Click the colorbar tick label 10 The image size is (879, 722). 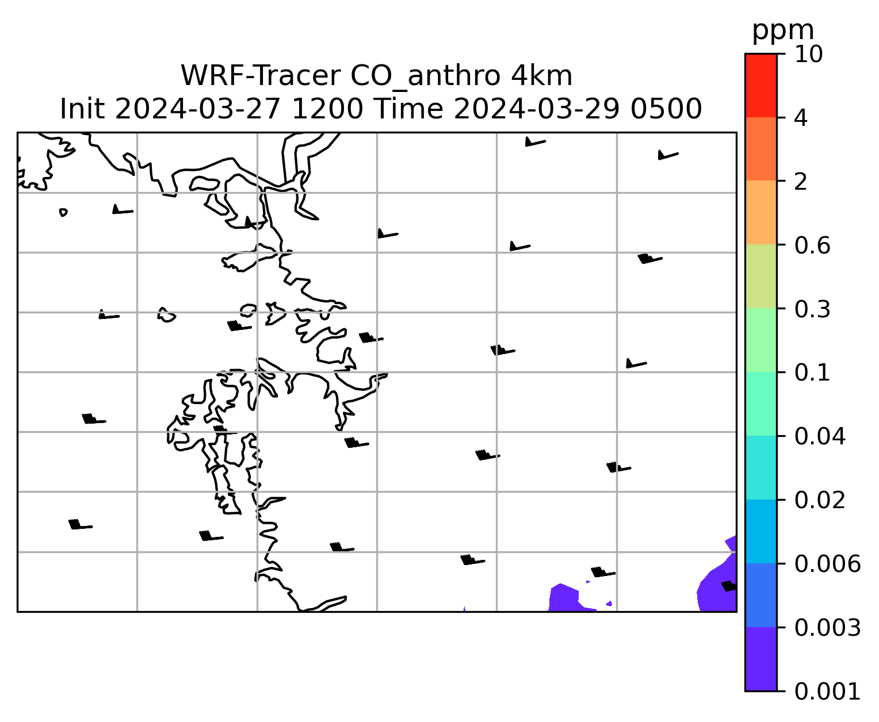[809, 54]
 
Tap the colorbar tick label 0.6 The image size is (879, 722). [812, 245]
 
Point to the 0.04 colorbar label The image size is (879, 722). [820, 436]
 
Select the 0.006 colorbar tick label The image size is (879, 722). [827, 564]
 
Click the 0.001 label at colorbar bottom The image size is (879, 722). [827, 692]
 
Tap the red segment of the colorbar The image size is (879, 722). [761, 85]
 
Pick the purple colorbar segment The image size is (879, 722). [761, 659]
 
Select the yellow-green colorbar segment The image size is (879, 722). [761, 276]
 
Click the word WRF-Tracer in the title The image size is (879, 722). [261, 76]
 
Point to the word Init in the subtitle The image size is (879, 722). [82, 109]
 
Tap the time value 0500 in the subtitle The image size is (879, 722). [666, 109]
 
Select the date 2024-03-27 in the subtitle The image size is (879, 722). [197, 109]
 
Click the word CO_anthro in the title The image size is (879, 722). [425, 77]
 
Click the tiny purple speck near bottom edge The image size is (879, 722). [464, 609]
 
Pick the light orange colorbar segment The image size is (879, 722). [761, 212]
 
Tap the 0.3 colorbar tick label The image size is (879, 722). [812, 309]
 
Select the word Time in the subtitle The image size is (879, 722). [408, 109]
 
